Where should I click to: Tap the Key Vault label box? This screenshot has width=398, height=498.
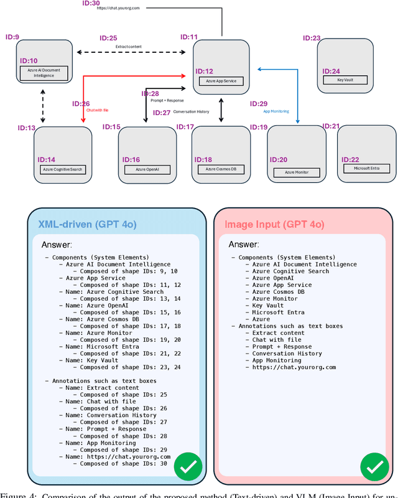[x=345, y=80]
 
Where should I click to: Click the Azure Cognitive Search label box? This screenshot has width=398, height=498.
[x=62, y=169]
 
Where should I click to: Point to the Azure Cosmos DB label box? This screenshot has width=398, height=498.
[x=217, y=169]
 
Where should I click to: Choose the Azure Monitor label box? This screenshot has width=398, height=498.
[x=297, y=172]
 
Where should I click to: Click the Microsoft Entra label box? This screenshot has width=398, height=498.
[x=366, y=168]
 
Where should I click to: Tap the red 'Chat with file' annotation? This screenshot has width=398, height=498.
[x=97, y=110]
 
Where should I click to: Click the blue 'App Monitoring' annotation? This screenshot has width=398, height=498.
[x=276, y=111]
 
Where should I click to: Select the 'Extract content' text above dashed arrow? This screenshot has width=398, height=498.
[x=128, y=46]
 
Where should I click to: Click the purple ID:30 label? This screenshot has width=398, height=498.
[x=91, y=3]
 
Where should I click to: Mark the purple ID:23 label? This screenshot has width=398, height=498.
[x=312, y=38]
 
